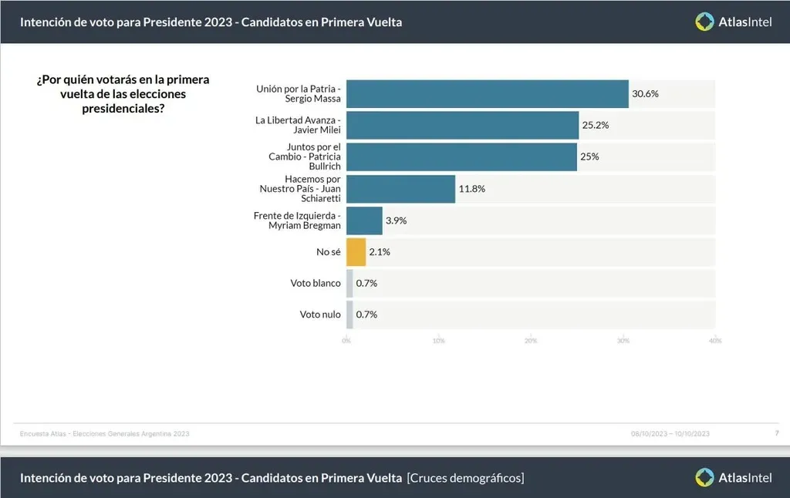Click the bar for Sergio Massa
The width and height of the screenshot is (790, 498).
(487, 94)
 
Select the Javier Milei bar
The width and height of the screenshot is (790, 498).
(462, 125)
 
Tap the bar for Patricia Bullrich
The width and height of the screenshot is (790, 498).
(461, 156)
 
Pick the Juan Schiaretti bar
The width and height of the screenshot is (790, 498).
(400, 188)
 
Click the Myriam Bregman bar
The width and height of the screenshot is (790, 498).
(364, 220)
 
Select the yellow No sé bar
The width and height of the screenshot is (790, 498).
(356, 252)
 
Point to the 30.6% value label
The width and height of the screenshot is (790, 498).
(645, 94)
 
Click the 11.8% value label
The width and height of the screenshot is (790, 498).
(472, 188)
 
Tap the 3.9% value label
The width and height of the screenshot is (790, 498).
(397, 220)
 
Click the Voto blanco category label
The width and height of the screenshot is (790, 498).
(316, 283)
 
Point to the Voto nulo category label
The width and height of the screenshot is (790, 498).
(320, 315)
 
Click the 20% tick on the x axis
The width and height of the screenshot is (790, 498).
(531, 340)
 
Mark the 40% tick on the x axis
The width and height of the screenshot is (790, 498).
(715, 340)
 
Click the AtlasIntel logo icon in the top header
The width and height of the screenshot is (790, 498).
(704, 22)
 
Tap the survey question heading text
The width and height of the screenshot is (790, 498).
(123, 94)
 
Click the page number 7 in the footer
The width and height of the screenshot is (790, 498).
(776, 433)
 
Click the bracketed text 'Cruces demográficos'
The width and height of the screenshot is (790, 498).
(465, 478)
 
